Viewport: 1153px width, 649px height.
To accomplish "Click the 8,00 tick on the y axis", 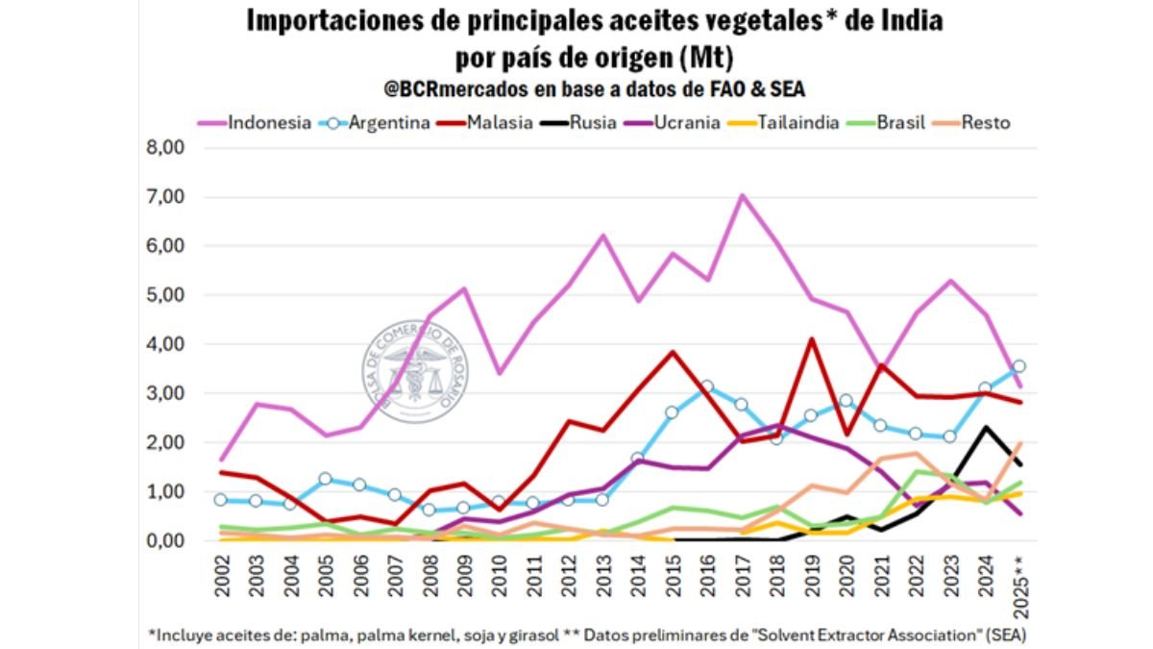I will pyautogui.click(x=163, y=147).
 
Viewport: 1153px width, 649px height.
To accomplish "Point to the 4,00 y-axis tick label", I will pyautogui.click(x=163, y=344).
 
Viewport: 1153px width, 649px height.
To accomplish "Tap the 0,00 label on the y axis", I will pyautogui.click(x=163, y=540).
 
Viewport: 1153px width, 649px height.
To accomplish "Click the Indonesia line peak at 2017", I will pyautogui.click(x=742, y=195).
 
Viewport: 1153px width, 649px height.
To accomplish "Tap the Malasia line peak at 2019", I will pyautogui.click(x=812, y=338).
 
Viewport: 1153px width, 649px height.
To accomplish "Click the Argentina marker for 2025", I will pyautogui.click(x=1018, y=366).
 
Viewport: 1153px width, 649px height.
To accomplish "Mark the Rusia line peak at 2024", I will pyautogui.click(x=984, y=427).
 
